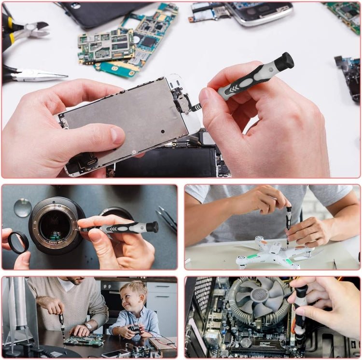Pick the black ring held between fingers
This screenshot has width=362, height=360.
click(18, 243)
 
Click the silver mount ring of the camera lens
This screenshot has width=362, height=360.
click(55, 226)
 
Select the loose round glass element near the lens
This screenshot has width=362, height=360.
click(22, 207)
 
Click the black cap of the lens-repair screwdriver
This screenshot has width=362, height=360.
click(153, 227)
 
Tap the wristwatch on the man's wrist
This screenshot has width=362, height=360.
click(88, 326)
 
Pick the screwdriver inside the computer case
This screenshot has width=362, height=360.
click(300, 314)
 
